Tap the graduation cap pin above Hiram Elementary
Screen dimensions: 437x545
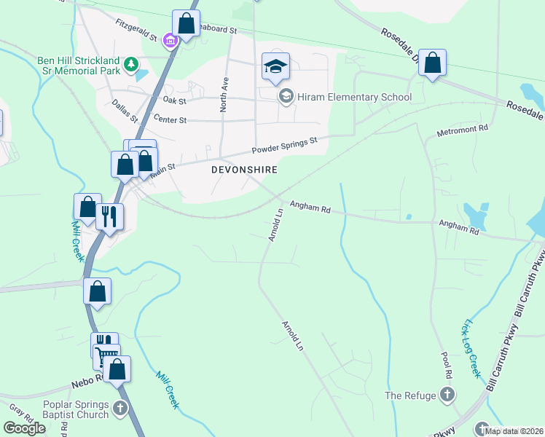(x=275, y=67)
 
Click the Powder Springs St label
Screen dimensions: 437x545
(x=286, y=146)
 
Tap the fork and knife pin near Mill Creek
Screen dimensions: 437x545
(x=109, y=217)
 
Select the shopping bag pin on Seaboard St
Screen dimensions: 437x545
(x=186, y=23)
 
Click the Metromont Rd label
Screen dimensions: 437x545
(x=462, y=131)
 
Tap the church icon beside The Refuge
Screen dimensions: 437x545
(x=447, y=395)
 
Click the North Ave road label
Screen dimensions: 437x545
(x=224, y=95)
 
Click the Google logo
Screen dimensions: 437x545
(x=25, y=428)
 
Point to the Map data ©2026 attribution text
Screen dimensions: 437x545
(x=514, y=431)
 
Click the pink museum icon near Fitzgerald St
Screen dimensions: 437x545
(x=170, y=41)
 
